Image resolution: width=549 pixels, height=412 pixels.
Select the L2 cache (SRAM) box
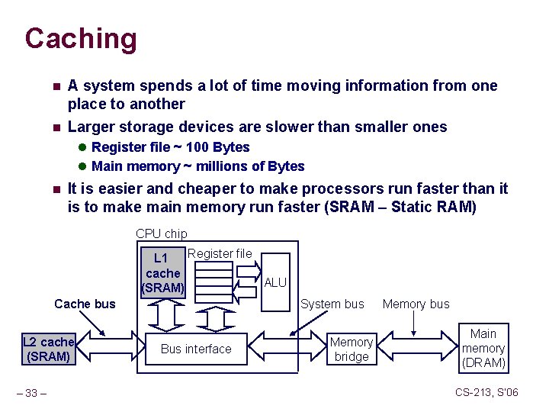(48, 349)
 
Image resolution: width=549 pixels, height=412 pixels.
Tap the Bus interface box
(197, 349)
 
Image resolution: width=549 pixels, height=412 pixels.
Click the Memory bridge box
(352, 349)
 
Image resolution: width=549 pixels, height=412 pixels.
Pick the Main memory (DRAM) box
(483, 349)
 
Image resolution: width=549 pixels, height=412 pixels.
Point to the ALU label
(274, 283)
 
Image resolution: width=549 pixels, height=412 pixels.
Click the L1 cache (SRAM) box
(163, 273)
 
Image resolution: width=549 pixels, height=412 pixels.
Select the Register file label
(220, 253)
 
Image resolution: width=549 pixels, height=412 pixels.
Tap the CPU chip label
(161, 234)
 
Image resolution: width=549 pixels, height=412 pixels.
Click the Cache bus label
(85, 304)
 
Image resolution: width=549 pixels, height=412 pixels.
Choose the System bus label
(332, 304)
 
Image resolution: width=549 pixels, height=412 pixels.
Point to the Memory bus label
(416, 304)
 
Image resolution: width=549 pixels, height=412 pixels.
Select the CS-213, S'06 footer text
(486, 392)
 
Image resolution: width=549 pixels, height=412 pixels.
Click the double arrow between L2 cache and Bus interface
(107, 349)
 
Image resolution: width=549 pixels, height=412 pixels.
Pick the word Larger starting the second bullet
(91, 127)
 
